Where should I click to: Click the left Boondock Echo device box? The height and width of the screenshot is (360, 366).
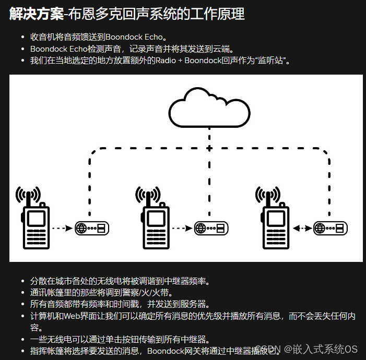tap(93, 228)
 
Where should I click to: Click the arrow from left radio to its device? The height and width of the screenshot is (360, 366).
tap(63, 228)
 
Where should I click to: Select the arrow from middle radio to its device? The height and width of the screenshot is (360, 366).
tap(182, 228)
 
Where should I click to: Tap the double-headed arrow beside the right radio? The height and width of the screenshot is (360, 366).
tap(302, 228)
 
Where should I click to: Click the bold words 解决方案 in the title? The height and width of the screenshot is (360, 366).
tap(35, 14)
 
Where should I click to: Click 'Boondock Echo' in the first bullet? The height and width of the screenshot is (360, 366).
tap(136, 38)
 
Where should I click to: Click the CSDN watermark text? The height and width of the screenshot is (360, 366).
tap(268, 349)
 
